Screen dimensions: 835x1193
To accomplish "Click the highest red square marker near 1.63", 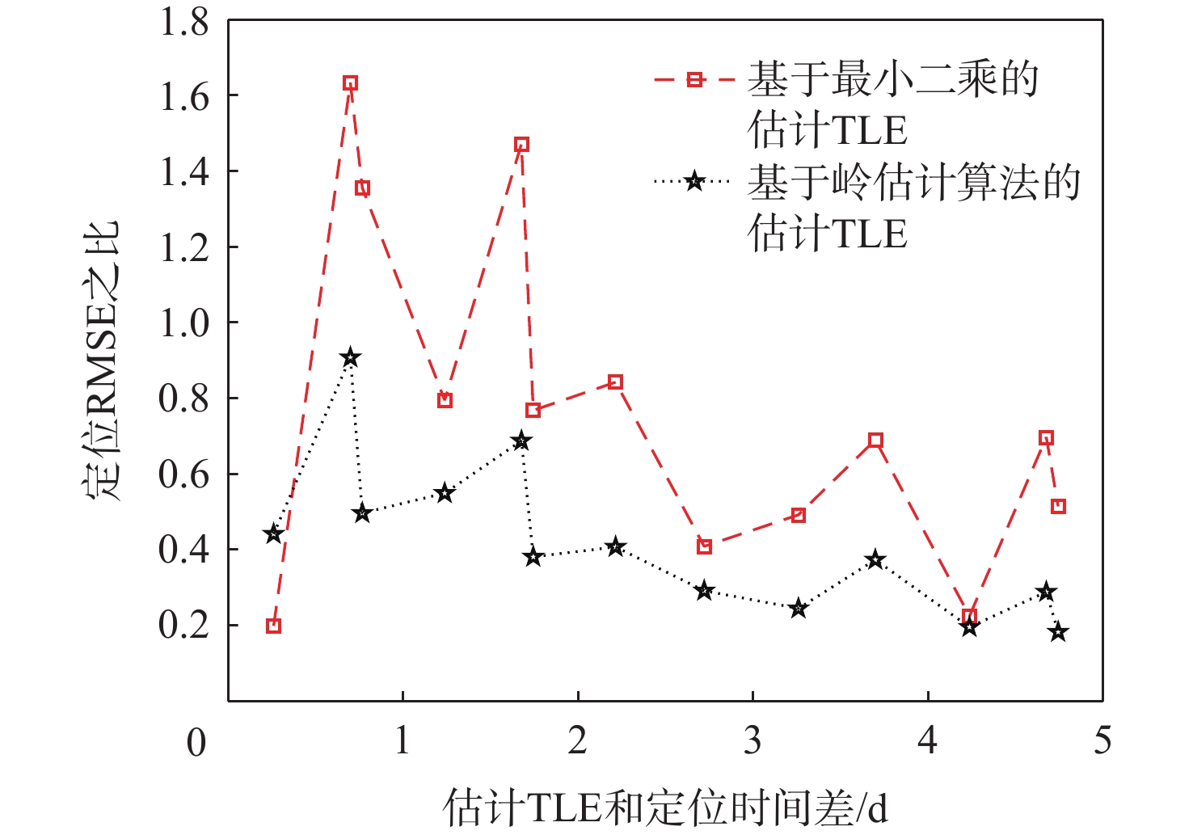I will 350,83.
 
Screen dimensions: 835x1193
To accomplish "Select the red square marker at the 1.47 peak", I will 521,145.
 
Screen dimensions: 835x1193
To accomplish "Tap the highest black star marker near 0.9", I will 350,357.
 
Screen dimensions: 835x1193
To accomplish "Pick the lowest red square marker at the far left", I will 273,626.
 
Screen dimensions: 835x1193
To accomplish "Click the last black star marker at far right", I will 1058,632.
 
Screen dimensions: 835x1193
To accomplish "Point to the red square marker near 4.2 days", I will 970,616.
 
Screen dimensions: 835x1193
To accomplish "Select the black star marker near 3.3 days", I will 799,608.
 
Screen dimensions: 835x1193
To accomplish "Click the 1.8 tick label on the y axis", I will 184,23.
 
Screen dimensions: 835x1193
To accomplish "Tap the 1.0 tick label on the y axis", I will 184,323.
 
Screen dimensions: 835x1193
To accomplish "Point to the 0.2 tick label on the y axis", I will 184,625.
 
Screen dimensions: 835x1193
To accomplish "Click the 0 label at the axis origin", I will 196,743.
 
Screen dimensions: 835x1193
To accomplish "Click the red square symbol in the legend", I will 694,79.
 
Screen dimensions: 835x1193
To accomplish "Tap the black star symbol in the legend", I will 694,181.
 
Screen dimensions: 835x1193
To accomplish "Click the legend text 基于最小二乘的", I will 893,79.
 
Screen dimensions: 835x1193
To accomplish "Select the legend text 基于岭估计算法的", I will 913,182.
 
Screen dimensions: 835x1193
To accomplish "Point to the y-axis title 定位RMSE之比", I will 103,360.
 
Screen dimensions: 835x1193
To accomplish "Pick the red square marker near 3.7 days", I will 875,441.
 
